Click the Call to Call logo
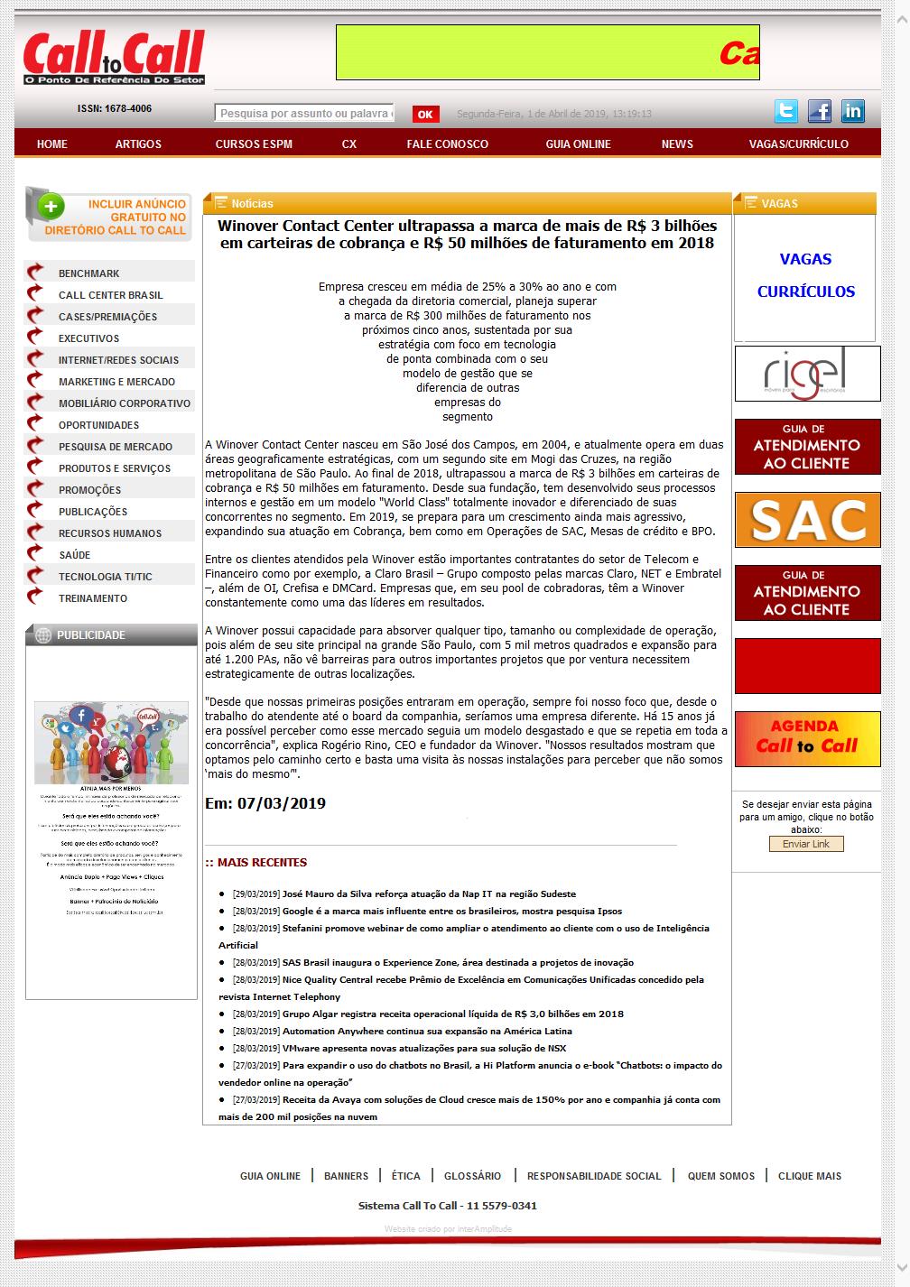click(x=114, y=59)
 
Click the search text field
click(x=304, y=113)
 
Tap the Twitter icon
click(x=786, y=111)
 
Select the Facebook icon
click(x=820, y=111)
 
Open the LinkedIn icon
click(x=852, y=111)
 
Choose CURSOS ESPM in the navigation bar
click(x=254, y=144)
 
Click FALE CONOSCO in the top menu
click(x=447, y=144)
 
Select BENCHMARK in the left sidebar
click(x=88, y=273)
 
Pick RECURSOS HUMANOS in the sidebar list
click(x=110, y=533)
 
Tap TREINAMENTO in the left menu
click(x=93, y=598)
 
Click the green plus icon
click(x=51, y=207)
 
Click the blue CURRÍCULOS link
click(x=805, y=292)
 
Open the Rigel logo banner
click(x=807, y=374)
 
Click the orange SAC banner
click(x=807, y=520)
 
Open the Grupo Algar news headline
click(x=452, y=1014)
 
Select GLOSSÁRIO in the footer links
click(x=472, y=1176)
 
